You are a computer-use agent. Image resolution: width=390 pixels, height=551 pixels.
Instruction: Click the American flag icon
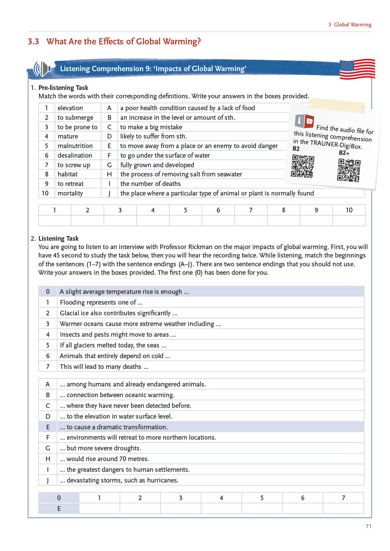(x=357, y=69)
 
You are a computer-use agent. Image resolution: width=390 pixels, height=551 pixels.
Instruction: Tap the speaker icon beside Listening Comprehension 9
(x=42, y=69)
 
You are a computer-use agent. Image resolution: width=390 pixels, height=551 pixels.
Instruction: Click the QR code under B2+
(x=349, y=170)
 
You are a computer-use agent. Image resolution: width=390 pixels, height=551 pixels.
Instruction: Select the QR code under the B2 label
(x=302, y=166)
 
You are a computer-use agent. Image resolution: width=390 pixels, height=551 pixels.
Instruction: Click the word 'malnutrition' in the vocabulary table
(x=75, y=146)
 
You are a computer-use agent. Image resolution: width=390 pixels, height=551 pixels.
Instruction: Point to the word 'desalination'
(x=75, y=155)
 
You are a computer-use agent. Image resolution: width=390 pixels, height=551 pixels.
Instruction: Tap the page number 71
(x=368, y=526)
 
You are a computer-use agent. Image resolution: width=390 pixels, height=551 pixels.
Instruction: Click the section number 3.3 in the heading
(x=33, y=41)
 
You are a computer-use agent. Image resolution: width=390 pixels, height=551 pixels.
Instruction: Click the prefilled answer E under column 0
(x=59, y=509)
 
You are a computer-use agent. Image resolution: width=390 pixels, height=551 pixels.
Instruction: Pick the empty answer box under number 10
(x=349, y=221)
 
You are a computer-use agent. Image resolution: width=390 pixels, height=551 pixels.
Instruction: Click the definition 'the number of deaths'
(x=150, y=184)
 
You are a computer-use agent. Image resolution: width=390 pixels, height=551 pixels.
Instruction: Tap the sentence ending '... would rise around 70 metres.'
(x=104, y=459)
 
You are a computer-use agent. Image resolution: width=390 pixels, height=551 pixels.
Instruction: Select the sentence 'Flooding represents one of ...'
(x=101, y=302)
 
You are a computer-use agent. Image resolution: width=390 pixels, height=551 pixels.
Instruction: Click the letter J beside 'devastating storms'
(x=48, y=480)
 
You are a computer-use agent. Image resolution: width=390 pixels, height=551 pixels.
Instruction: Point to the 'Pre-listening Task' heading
(x=63, y=88)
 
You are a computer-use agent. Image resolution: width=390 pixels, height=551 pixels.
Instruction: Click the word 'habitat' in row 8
(x=67, y=174)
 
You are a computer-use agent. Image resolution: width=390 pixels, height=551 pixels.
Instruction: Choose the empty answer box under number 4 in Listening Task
(x=221, y=509)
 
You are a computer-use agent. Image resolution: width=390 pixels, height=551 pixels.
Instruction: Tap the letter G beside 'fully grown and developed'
(x=109, y=165)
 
